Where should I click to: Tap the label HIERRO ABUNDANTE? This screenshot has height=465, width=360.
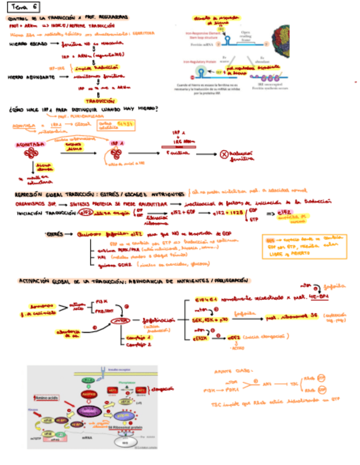click(x=32, y=77)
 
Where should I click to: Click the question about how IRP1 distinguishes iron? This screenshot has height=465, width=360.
click(x=83, y=109)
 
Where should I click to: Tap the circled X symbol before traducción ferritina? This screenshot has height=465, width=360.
click(x=224, y=155)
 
